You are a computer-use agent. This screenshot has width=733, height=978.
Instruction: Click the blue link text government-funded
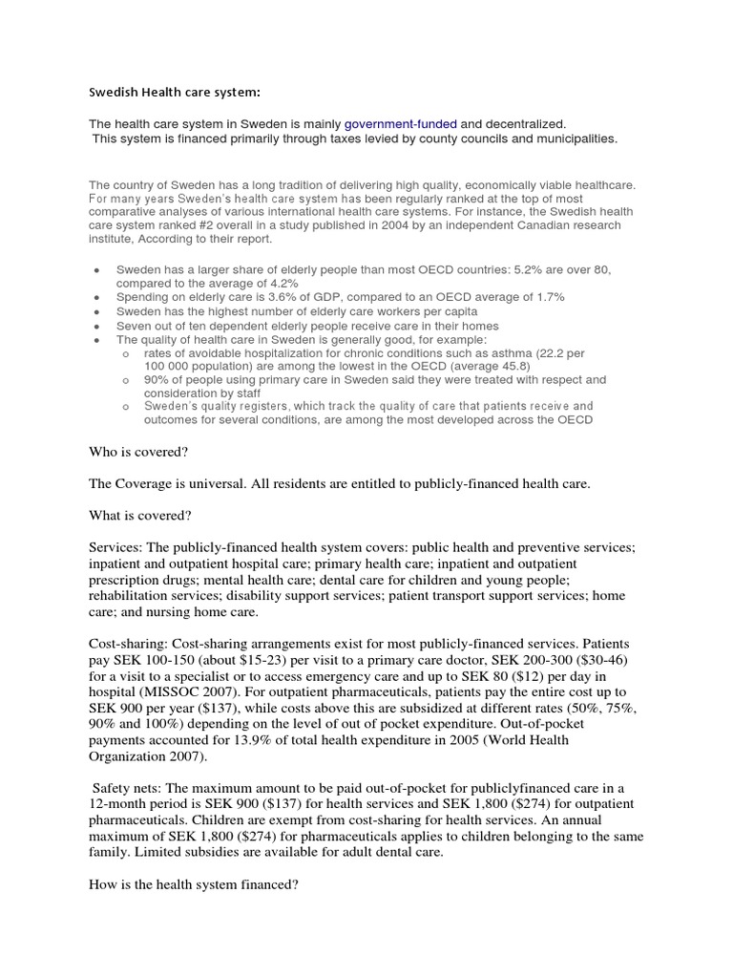[400, 124]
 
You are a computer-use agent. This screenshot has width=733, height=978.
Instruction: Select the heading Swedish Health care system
[174, 92]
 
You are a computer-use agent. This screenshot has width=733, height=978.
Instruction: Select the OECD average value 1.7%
[548, 297]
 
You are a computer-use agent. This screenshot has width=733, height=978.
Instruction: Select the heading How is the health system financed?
[194, 885]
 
